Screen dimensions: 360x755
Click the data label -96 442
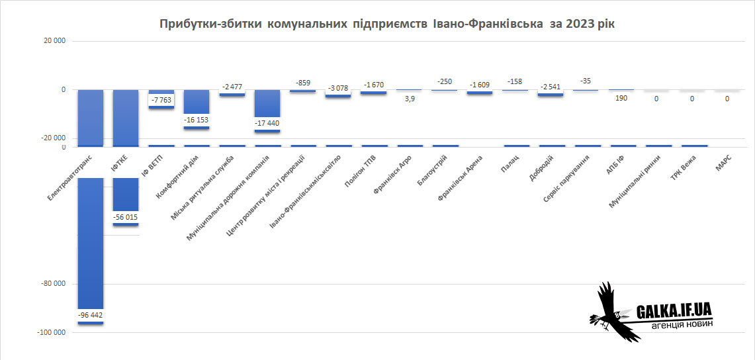tap(90, 315)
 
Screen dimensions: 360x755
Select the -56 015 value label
tap(125, 217)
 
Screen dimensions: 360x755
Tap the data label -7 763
tap(161, 100)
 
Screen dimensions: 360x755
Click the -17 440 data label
tap(267, 123)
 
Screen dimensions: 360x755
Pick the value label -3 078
tap(337, 89)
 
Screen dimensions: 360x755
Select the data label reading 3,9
tap(410, 99)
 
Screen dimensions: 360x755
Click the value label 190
tap(621, 99)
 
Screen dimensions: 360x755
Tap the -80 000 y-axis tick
tap(54, 284)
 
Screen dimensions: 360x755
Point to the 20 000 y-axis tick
tap(54, 41)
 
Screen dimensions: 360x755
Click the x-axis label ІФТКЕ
tap(120, 161)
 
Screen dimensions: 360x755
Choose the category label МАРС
tap(723, 161)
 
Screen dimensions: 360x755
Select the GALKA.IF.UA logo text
tap(673, 310)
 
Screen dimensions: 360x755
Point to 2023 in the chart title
tap(579, 24)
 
